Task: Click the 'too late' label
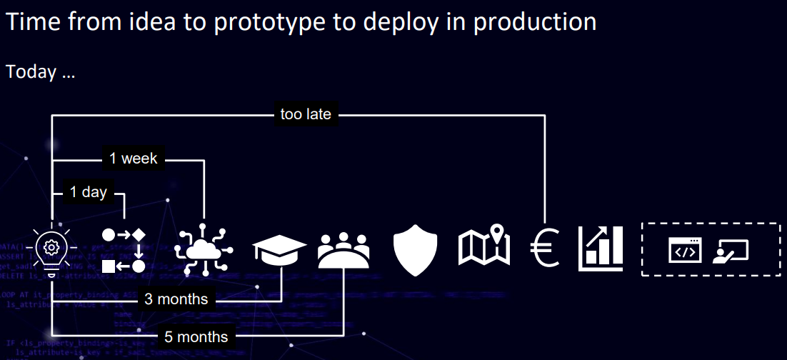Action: click(306, 114)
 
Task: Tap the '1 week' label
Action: click(134, 158)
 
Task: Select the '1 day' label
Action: click(88, 192)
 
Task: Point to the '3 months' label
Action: click(176, 299)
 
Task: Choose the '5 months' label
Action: click(195, 336)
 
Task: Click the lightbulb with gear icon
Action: click(51, 249)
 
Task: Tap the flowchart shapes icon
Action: click(124, 250)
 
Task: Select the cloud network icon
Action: click(204, 250)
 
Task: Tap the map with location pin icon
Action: click(484, 246)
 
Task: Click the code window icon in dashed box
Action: click(685, 250)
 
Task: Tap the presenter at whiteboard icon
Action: click(731, 250)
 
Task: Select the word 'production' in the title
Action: click(535, 22)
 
